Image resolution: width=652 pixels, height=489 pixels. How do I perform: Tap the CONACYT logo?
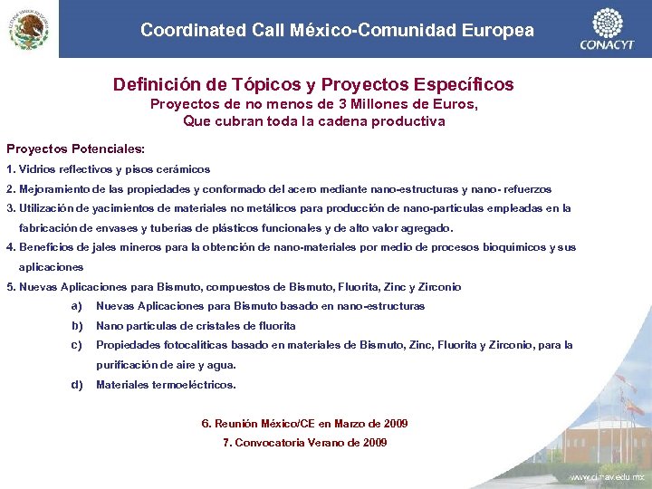(607, 29)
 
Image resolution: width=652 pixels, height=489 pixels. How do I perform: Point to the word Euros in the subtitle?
(452, 104)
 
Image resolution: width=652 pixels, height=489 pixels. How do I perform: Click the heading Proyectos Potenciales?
(75, 148)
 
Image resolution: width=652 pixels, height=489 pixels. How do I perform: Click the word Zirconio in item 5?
(438, 287)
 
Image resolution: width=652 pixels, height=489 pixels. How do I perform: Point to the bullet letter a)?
(76, 306)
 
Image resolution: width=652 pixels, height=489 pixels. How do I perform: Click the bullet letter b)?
(76, 326)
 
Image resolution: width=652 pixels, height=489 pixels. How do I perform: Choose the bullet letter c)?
(76, 345)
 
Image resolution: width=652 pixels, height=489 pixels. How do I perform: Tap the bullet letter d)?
(76, 385)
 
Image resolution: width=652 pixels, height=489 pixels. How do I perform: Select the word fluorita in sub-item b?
(276, 326)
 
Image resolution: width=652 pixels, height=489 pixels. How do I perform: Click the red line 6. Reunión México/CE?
(304, 424)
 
